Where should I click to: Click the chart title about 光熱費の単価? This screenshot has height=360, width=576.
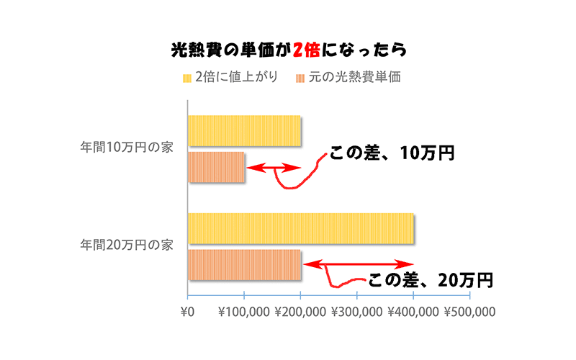click(288, 50)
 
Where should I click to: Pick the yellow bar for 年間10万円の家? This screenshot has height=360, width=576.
click(244, 130)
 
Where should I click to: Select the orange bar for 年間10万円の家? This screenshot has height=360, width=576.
click(216, 167)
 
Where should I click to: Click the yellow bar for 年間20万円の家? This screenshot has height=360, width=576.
click(300, 228)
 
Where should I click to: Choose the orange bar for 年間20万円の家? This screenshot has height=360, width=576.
click(244, 265)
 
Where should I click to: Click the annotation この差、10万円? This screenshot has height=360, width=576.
click(392, 153)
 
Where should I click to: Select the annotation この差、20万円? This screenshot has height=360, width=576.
click(431, 280)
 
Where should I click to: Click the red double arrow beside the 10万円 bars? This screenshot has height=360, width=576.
click(274, 168)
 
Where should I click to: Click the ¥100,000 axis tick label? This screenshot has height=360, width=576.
click(243, 312)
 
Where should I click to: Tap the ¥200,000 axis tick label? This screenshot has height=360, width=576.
click(300, 312)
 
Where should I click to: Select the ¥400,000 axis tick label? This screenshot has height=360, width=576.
click(413, 312)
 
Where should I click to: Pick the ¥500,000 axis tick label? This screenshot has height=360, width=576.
click(469, 312)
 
